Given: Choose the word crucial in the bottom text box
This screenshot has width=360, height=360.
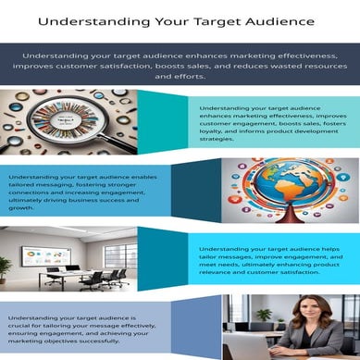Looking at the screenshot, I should (24, 328).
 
